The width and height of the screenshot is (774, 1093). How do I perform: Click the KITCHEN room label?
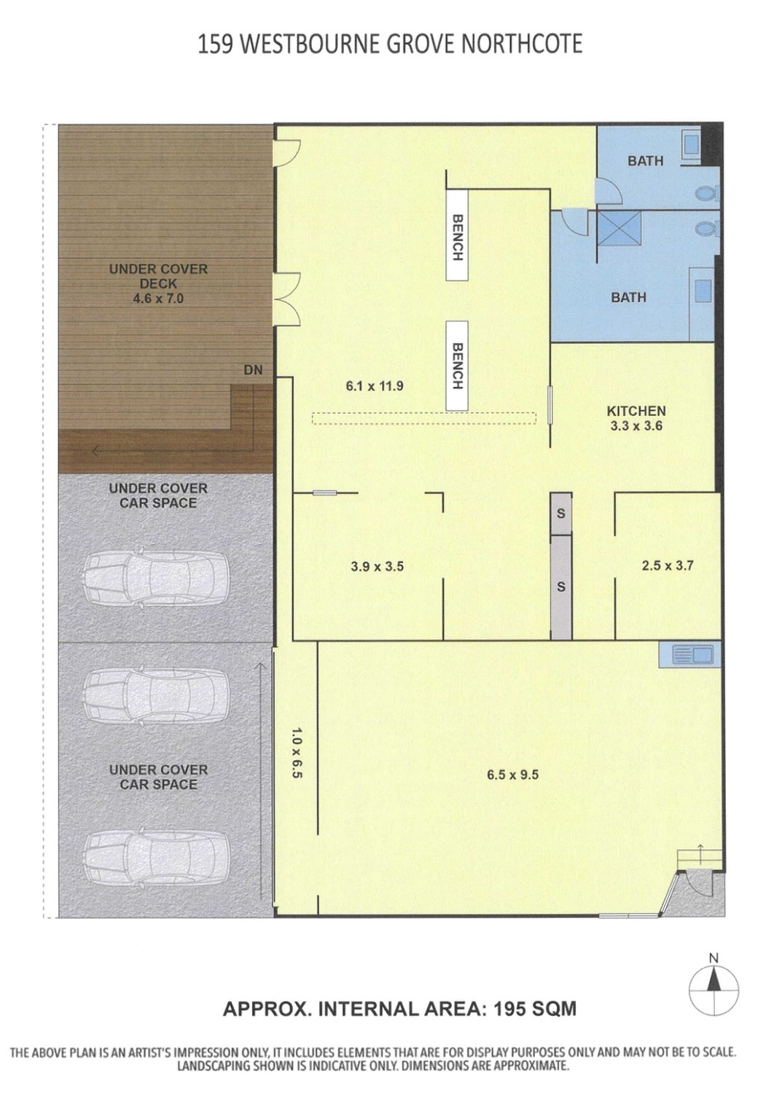point(636,411)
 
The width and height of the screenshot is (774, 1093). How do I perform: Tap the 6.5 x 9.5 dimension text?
point(512,775)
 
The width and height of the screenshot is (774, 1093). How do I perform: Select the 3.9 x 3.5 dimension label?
point(378,566)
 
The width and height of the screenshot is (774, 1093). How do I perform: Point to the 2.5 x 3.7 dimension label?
point(667,565)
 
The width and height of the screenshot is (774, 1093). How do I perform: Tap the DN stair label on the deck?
point(254,370)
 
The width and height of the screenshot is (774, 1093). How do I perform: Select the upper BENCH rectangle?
point(457,235)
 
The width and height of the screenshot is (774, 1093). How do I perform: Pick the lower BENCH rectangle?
point(457,366)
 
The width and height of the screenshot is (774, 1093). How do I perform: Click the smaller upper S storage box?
point(561,513)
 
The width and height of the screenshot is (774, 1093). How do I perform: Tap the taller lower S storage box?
point(561,587)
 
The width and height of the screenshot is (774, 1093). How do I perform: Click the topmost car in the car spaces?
point(156,579)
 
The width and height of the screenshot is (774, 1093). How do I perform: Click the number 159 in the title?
point(215,44)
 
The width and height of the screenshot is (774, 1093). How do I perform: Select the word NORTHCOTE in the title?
point(522,44)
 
